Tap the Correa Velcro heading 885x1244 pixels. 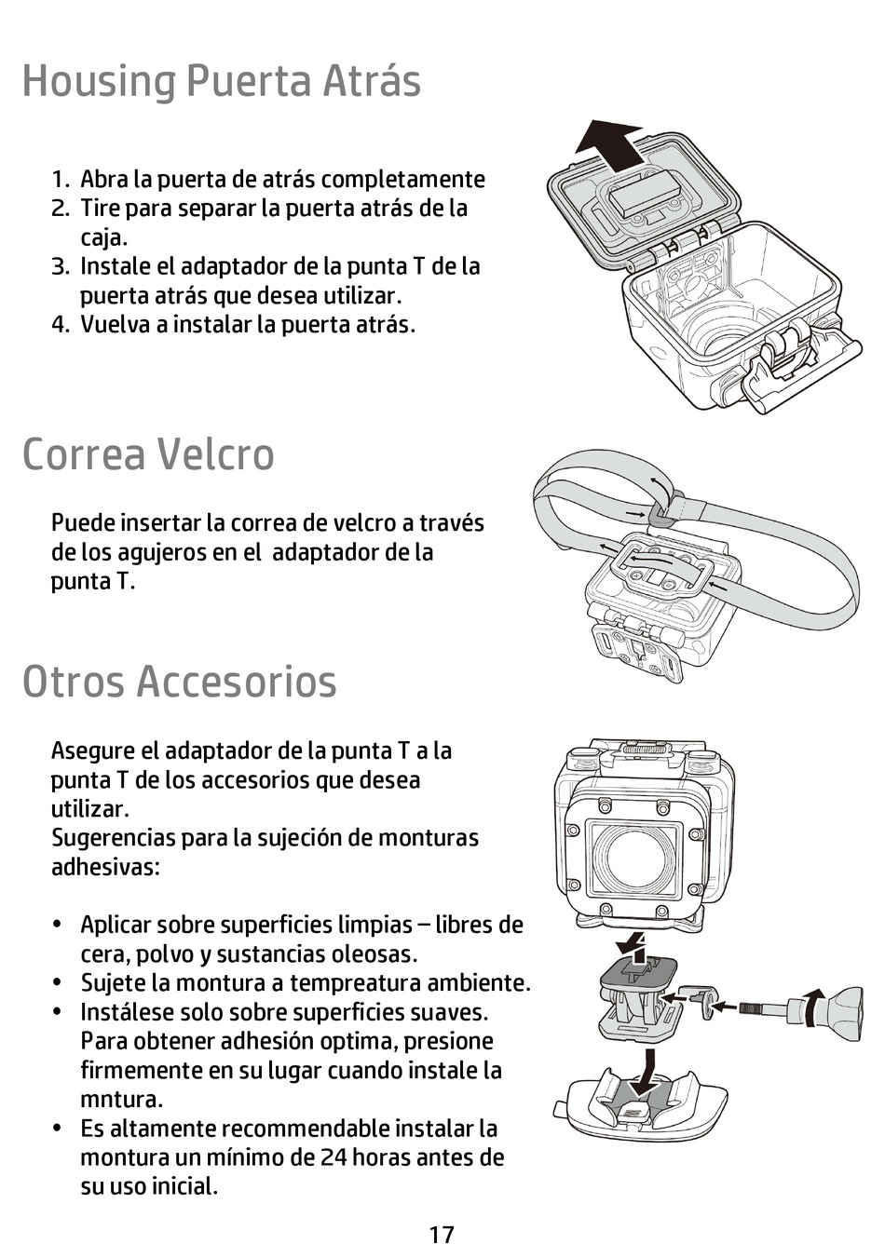(148, 453)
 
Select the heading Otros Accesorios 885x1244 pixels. (180, 681)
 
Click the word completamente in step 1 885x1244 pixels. (403, 180)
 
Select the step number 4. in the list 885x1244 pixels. (60, 324)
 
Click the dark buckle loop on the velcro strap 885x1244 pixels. (660, 514)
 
